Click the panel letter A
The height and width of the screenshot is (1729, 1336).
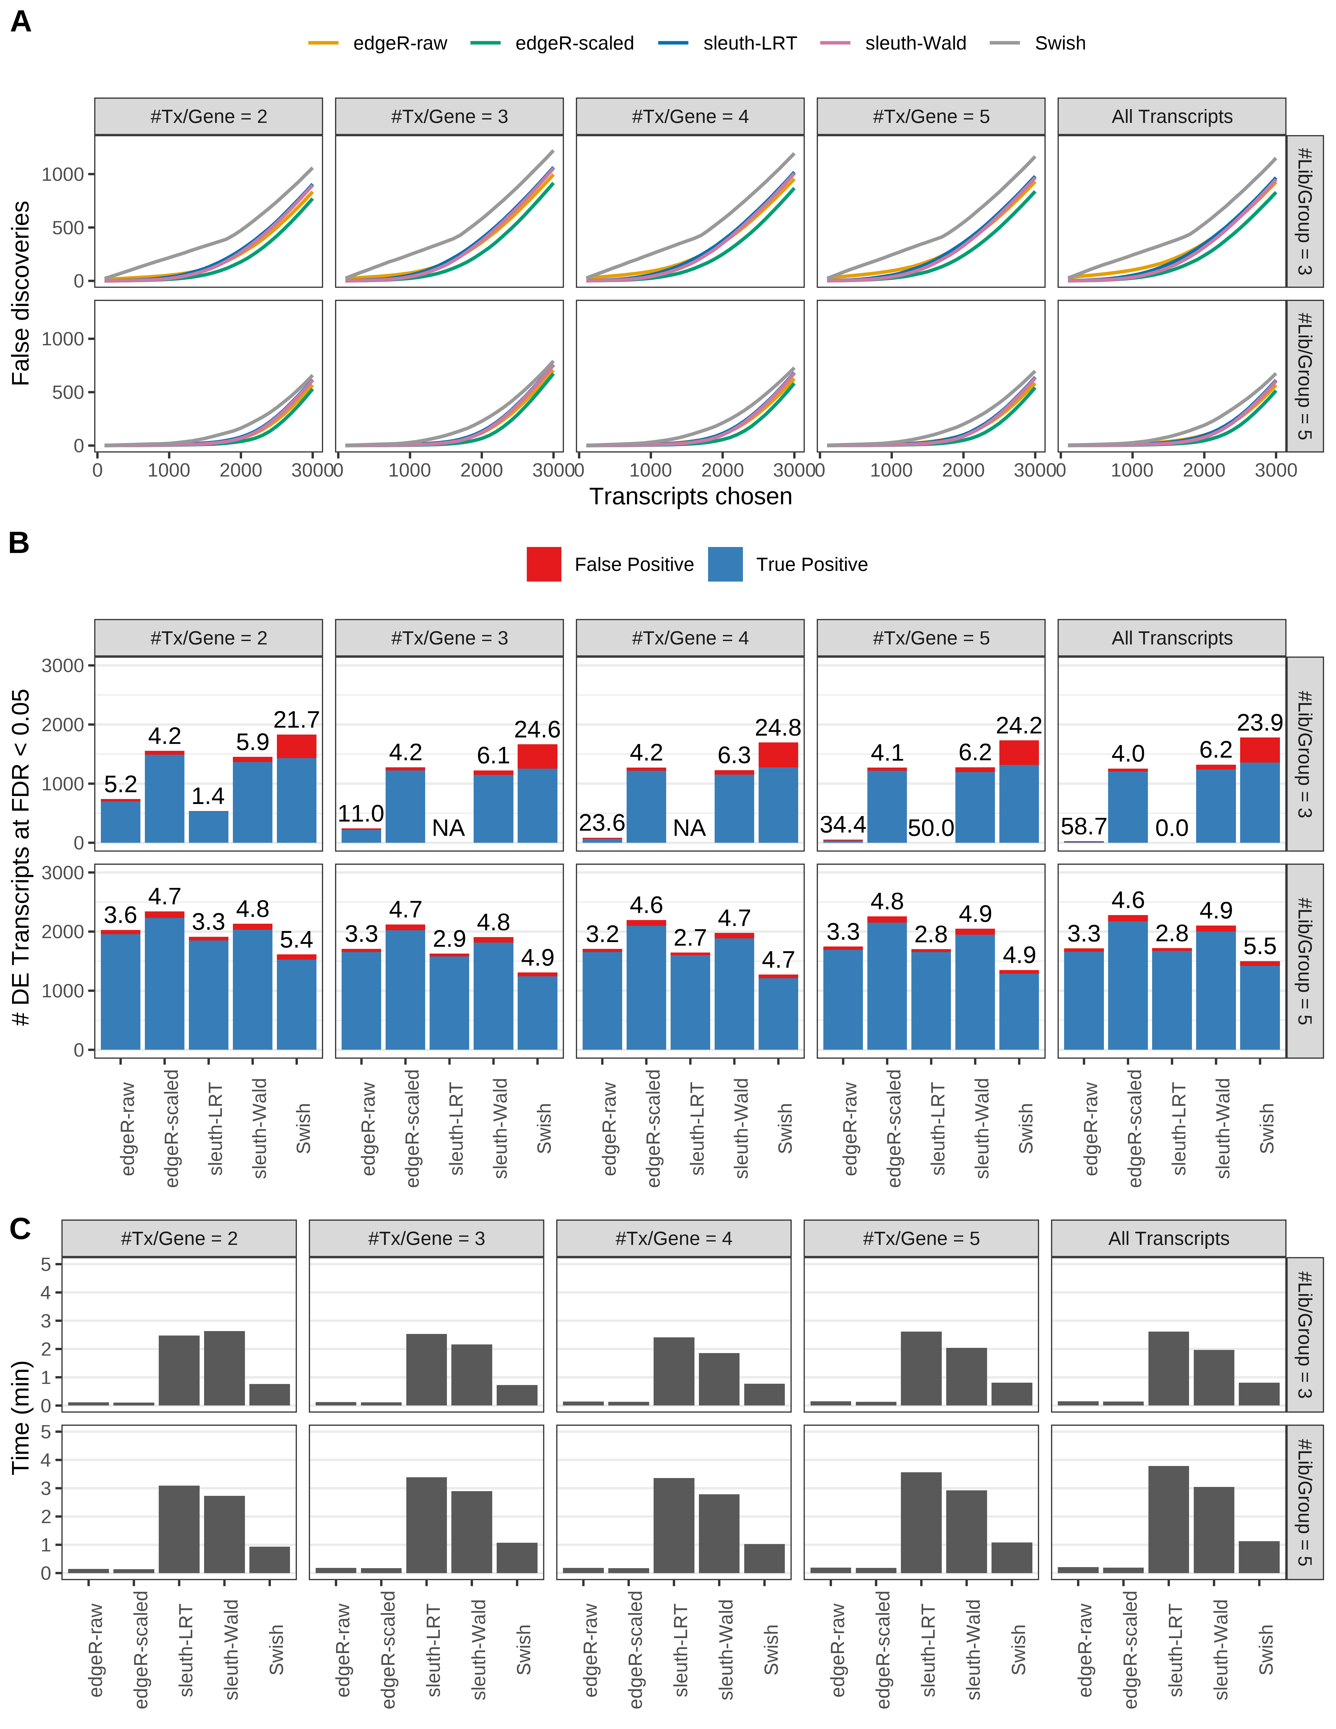pyautogui.click(x=21, y=21)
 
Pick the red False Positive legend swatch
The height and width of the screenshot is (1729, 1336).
pyautogui.click(x=544, y=565)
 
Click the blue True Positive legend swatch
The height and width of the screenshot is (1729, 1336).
pyautogui.click(x=725, y=565)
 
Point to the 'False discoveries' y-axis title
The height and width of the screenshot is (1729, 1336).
pyautogui.click(x=21, y=293)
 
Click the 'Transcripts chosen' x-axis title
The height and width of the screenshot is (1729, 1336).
pyautogui.click(x=690, y=496)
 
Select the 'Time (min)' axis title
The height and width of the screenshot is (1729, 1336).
pyautogui.click(x=21, y=1417)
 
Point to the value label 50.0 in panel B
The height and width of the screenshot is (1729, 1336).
pyautogui.click(x=931, y=828)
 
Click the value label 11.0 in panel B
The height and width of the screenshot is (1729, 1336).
pyautogui.click(x=361, y=814)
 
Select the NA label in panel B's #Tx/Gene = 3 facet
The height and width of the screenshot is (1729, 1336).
pyautogui.click(x=448, y=828)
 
